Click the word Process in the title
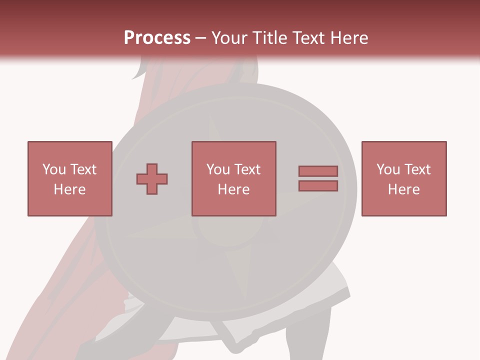(x=157, y=37)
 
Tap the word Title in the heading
(x=268, y=38)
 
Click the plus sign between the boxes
(x=152, y=179)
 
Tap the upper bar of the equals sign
(x=318, y=171)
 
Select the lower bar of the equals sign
(x=318, y=186)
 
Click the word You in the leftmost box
(x=54, y=169)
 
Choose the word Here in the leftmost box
(x=69, y=189)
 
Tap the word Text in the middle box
(x=247, y=169)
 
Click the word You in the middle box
(x=218, y=169)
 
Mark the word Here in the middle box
(x=233, y=189)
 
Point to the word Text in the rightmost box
(x=417, y=169)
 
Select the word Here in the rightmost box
(x=403, y=189)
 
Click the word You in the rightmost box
(x=388, y=169)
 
